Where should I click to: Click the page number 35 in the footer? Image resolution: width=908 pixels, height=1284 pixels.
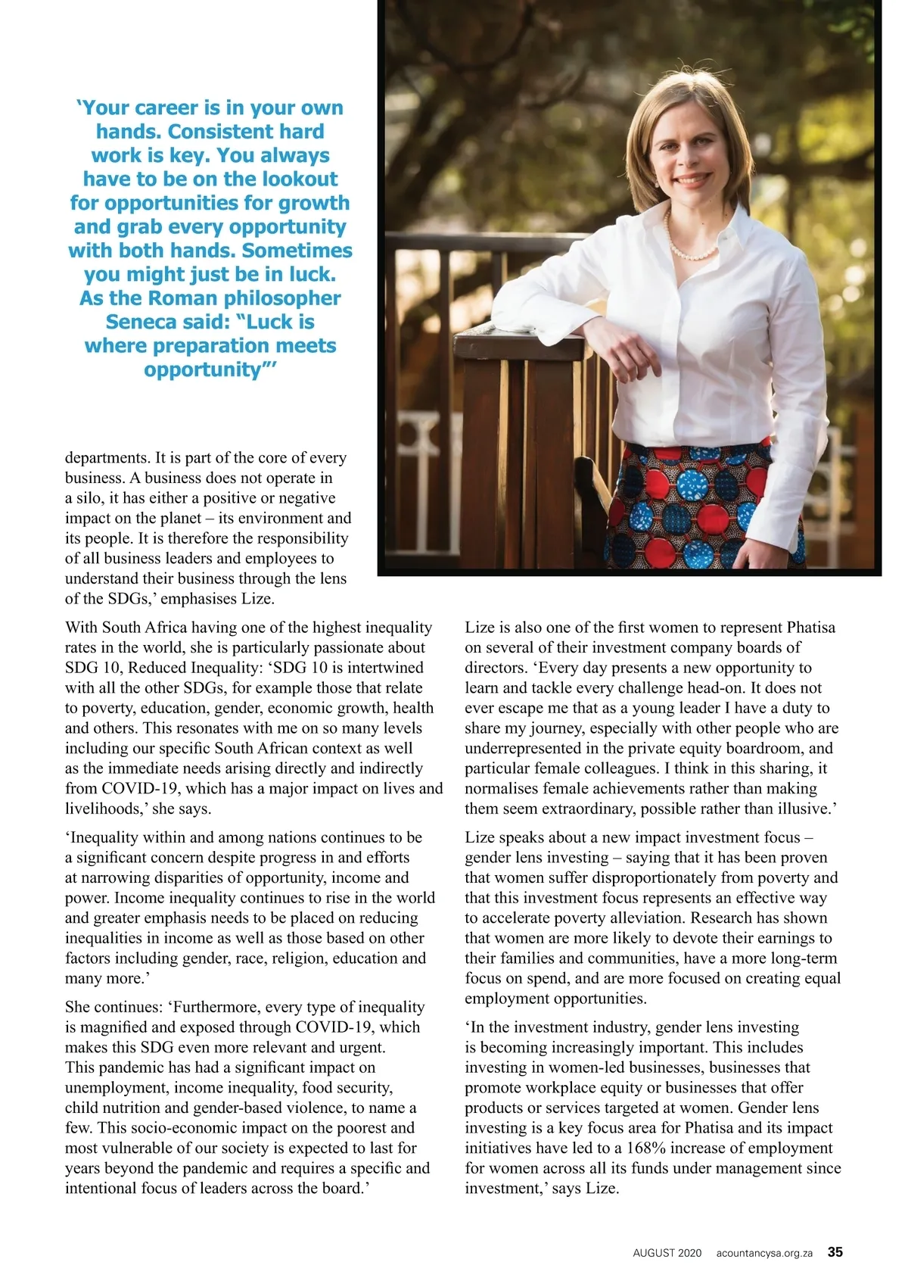point(835,1251)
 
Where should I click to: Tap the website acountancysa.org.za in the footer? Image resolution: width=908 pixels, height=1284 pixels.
point(764,1253)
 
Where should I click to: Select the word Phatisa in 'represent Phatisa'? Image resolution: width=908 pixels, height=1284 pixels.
point(811,628)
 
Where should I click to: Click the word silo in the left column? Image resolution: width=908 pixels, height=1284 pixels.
point(89,498)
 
